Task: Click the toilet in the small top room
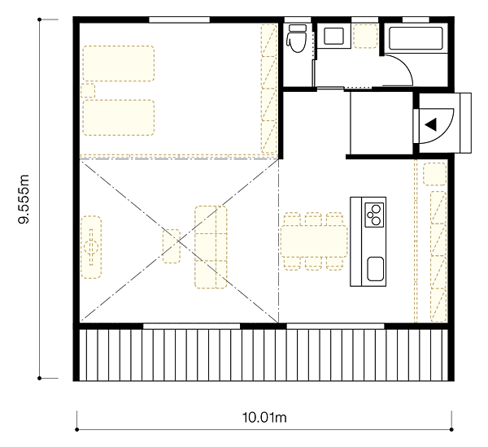coord(296,38)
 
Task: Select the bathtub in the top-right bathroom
coord(416,38)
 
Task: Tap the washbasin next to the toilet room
coord(333,36)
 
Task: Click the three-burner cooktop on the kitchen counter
coord(374,215)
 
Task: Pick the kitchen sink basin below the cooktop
coord(375,269)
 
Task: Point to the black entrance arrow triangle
coord(431,124)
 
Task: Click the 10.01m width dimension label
coord(264,418)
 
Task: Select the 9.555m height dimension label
coord(24,199)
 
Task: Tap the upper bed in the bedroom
coord(119,63)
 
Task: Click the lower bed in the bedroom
coord(119,118)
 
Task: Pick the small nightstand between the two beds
coord(88,90)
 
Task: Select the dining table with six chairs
coord(314,241)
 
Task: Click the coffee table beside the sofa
coord(171,246)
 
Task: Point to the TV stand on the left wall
coord(91,247)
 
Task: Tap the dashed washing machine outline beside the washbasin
coord(366,36)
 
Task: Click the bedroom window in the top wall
coord(179,20)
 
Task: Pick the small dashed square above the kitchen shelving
coord(435,174)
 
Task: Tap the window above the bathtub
coord(416,20)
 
